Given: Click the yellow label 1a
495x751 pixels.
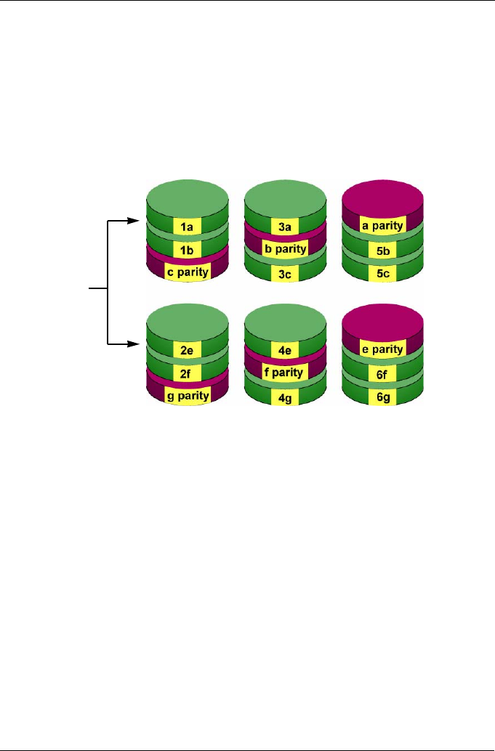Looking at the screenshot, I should tap(187, 227).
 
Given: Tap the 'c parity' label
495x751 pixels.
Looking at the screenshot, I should tap(187, 272).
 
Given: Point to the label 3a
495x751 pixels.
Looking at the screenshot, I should tap(285, 227).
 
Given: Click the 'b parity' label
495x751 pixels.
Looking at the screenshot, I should tap(285, 249).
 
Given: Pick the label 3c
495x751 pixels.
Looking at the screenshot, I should tap(285, 273).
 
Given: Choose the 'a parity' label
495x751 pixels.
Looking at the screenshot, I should tap(382, 227).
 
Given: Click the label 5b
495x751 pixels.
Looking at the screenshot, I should tap(382, 251).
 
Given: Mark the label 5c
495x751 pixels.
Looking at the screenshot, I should tap(382, 274).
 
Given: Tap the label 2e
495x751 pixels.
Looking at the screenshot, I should tap(187, 349).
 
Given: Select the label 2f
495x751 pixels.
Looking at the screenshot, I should tap(187, 373).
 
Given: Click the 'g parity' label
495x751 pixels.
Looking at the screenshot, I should tap(187, 396).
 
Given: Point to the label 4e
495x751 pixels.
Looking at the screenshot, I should tap(285, 349).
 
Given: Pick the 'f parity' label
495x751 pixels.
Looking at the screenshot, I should tap(285, 373).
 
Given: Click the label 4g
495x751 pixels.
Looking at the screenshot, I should tap(285, 397).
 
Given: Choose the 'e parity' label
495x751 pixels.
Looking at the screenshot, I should tap(382, 349).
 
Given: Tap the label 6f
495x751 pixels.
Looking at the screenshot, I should tap(382, 373).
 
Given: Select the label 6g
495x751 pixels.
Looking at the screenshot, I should tap(382, 397).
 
